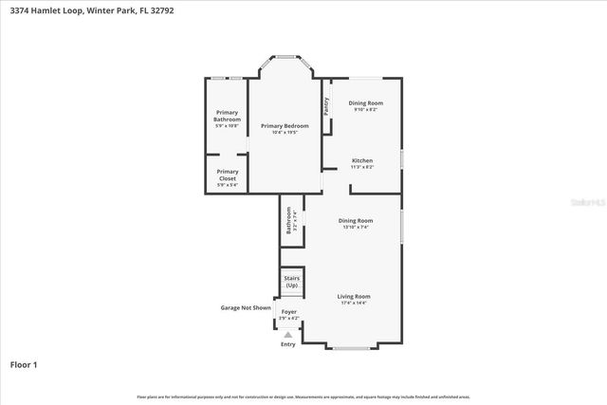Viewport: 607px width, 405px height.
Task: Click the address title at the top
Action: click(x=91, y=10)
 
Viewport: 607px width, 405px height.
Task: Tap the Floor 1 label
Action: click(x=25, y=363)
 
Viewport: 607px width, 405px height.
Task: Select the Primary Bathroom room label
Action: click(x=227, y=116)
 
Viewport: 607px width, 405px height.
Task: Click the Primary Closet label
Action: click(x=227, y=175)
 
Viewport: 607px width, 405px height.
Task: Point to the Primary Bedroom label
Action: click(x=285, y=126)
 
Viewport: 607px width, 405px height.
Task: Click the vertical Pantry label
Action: click(x=326, y=106)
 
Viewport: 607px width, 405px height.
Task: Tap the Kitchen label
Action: click(x=362, y=160)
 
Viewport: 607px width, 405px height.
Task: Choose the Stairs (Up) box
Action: click(x=292, y=282)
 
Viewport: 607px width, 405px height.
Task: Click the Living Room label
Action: click(x=354, y=296)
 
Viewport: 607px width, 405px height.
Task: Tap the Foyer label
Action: click(x=288, y=311)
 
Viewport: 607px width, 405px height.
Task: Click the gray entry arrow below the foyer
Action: click(x=288, y=334)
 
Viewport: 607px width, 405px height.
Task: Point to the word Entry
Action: click(x=288, y=344)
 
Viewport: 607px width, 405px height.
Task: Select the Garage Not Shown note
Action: click(x=246, y=307)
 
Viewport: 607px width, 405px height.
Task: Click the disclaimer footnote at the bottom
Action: click(x=303, y=396)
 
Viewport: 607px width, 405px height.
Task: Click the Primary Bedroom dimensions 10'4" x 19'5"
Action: click(x=285, y=132)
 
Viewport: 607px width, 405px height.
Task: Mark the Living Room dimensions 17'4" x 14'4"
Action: click(x=354, y=303)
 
